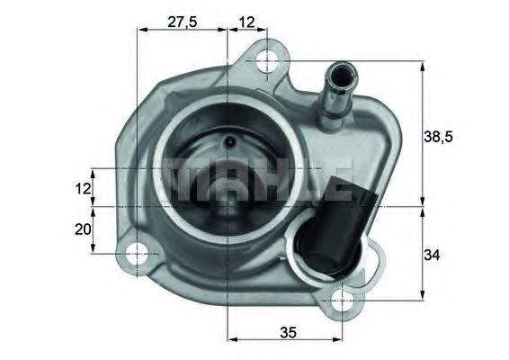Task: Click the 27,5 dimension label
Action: [183, 22]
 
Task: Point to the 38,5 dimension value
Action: [438, 137]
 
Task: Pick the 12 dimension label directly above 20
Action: [83, 188]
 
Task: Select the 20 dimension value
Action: [83, 229]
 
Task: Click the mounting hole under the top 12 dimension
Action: [267, 61]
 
